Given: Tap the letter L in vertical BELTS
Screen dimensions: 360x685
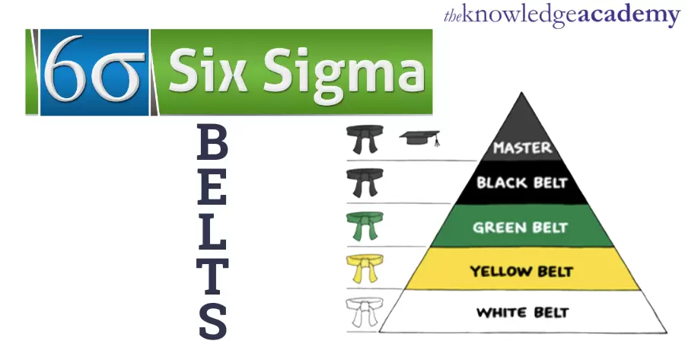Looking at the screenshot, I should tap(212, 231).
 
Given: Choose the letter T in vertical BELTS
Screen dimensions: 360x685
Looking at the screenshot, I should tap(212, 275).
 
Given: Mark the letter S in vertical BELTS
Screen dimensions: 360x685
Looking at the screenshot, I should tap(212, 320).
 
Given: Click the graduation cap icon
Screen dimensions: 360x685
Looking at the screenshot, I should tap(421, 139).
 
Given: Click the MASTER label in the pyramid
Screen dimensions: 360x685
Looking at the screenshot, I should tap(521, 147).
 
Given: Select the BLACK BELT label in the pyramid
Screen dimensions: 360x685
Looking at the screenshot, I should tap(521, 183).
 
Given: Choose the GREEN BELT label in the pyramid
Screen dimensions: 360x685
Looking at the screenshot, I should tap(521, 227).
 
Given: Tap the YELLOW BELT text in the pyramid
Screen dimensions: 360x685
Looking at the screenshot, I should tap(521, 270).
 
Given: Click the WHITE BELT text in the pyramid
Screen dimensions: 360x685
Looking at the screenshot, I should tap(521, 312).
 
